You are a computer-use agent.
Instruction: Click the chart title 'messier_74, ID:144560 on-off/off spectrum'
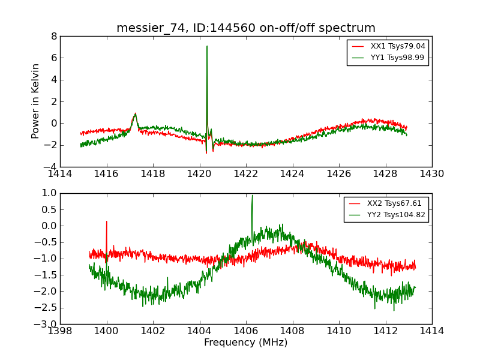tap(245, 28)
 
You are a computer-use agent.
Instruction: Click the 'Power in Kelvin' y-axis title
tap(36, 101)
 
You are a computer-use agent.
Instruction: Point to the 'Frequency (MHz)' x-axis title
tap(245, 343)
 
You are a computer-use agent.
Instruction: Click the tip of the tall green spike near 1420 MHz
tap(207, 46)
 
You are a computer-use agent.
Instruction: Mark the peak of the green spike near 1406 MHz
tap(252, 195)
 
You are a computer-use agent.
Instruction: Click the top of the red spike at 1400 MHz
tap(107, 221)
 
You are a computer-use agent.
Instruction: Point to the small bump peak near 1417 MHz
tap(135, 113)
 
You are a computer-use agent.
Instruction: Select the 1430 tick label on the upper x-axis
tap(431, 173)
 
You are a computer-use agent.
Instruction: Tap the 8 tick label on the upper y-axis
tap(54, 36)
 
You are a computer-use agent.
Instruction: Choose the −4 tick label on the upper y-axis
tap(52, 166)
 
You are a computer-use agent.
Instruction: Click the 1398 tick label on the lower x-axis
tap(60, 331)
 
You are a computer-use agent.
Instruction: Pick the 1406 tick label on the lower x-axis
tap(246, 331)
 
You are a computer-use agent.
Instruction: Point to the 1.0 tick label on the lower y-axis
tap(49, 193)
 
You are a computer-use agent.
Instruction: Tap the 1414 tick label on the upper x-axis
tap(60, 173)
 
